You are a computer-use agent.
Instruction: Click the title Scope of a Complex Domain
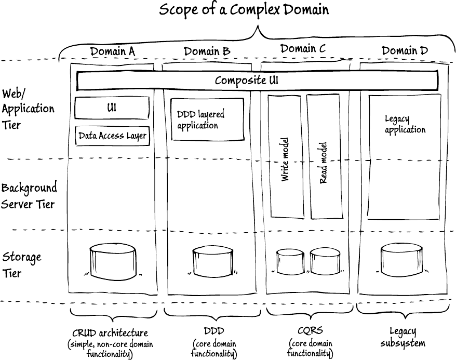click(244, 10)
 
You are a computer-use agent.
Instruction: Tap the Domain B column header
click(207, 51)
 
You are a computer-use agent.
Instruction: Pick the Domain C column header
click(303, 49)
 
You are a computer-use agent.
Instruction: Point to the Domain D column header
click(405, 50)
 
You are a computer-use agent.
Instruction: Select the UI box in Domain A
click(112, 108)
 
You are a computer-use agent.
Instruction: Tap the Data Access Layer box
click(112, 136)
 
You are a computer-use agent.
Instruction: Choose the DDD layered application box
click(207, 119)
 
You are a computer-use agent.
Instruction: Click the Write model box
click(285, 156)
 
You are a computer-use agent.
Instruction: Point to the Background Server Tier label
click(29, 196)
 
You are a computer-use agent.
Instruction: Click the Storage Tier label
click(21, 264)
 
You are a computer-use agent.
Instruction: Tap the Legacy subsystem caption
click(403, 337)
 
